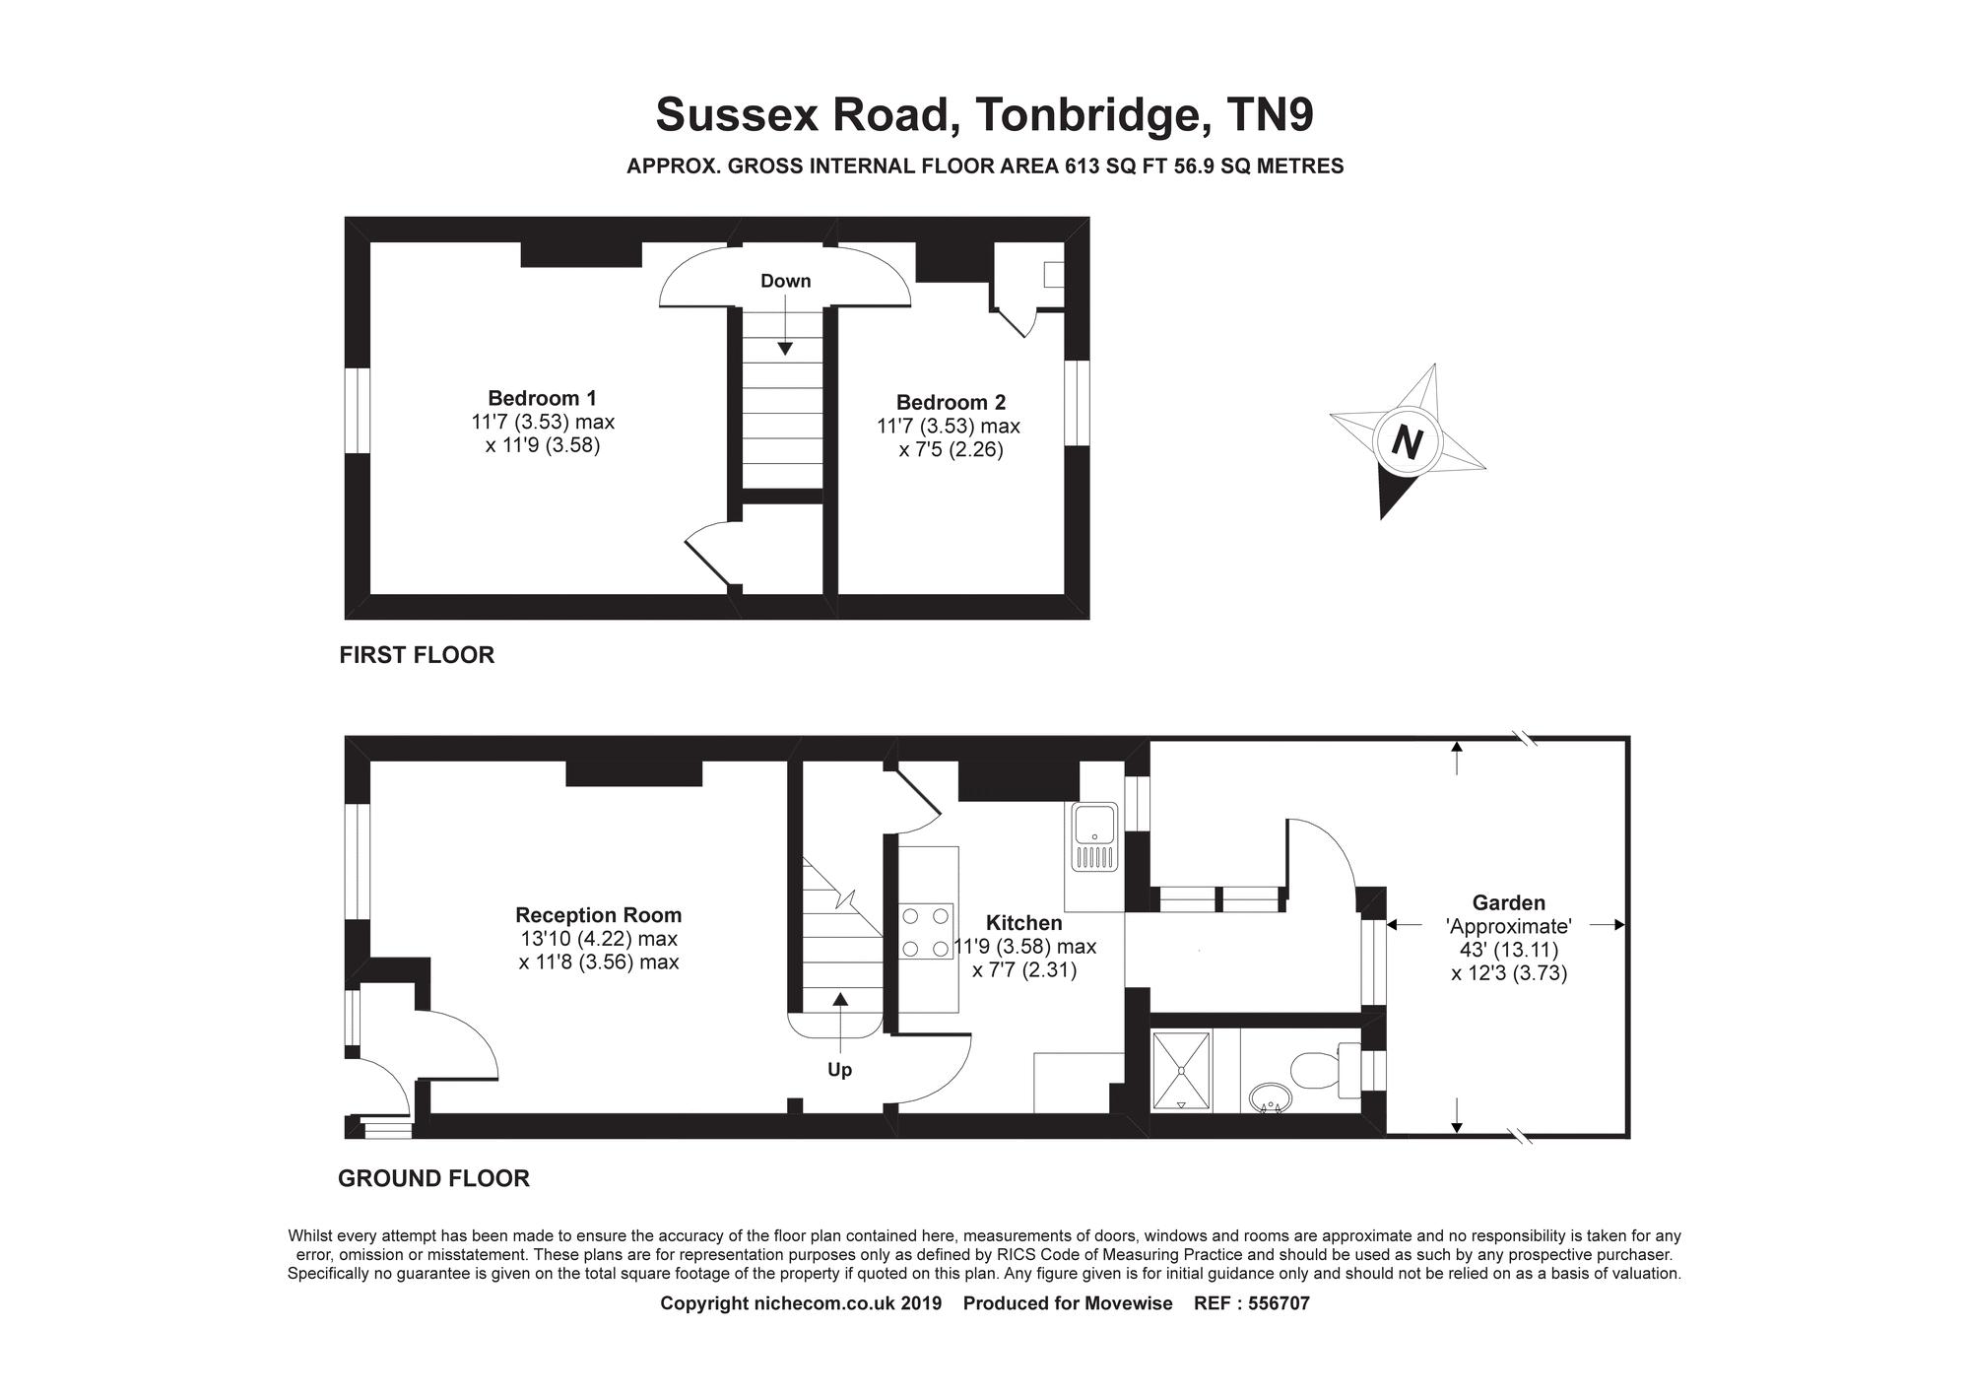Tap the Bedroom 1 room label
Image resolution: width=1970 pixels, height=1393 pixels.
pos(542,398)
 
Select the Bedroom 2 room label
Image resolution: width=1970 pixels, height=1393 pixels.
pos(951,402)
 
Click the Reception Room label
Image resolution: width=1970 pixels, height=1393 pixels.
pos(598,915)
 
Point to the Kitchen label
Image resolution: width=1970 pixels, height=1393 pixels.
pos(1023,923)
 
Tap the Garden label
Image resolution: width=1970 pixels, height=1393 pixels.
pos(1508,902)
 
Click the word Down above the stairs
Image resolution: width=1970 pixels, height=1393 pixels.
pos(785,281)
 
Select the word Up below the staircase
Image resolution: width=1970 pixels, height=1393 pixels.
pos(839,1070)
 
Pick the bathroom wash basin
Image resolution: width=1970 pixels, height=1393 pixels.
pos(1269,1096)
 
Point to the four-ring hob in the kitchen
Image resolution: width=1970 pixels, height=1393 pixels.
pos(926,932)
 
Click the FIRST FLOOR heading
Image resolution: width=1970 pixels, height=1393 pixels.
pos(417,655)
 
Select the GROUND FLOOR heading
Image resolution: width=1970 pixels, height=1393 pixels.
pos(433,1178)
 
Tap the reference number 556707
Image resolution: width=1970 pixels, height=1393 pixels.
pos(1279,1303)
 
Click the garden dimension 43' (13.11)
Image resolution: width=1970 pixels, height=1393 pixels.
pos(1508,950)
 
